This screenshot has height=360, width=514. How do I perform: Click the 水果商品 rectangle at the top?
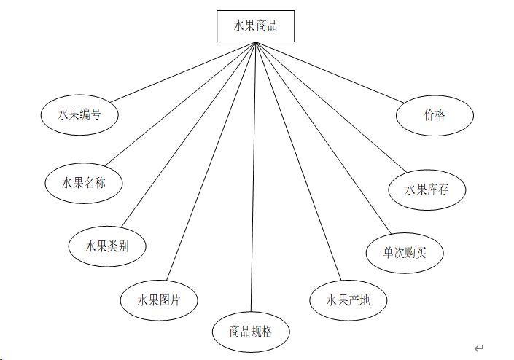255,26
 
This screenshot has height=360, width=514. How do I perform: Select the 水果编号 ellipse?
79,114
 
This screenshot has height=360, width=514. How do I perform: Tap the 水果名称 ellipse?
83,183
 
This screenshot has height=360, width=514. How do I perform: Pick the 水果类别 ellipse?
106,246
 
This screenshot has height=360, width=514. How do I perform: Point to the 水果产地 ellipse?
348,300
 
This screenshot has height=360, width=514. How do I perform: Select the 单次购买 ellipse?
405,252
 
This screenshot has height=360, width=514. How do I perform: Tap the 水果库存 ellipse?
427,189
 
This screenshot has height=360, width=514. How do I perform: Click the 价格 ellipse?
435,115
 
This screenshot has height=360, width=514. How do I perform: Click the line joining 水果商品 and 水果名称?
179,104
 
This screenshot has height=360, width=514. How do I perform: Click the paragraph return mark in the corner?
478,348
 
